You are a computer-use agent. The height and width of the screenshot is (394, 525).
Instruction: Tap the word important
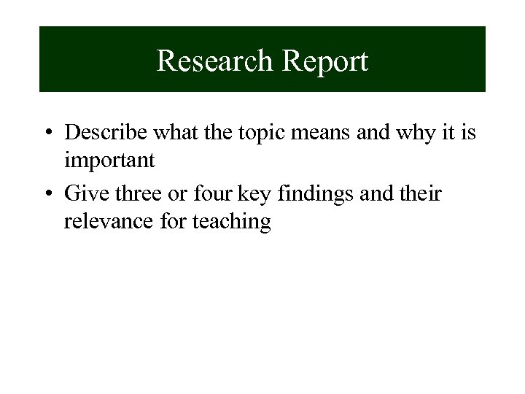coord(109,159)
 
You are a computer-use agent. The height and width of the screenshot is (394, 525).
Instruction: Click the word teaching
coord(231,221)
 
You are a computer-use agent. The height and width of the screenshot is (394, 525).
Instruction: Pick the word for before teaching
coord(174,220)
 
